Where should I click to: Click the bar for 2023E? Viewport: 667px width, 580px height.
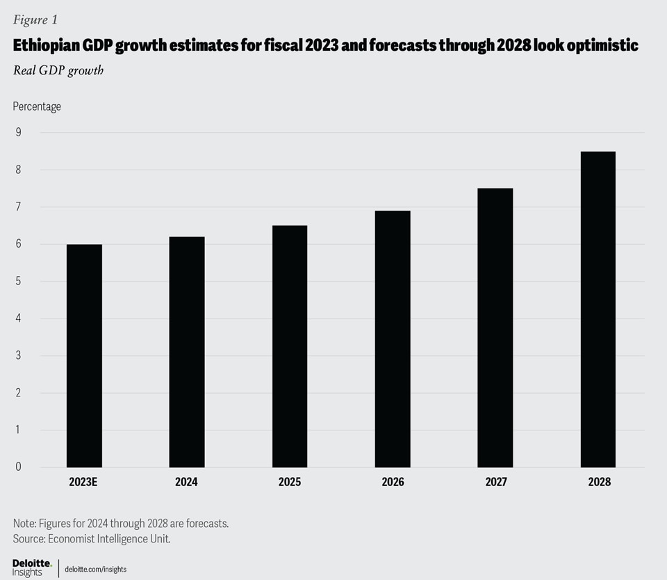tap(84, 355)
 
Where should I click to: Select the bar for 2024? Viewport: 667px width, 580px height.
tap(187, 352)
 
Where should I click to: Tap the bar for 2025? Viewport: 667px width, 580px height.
tap(290, 346)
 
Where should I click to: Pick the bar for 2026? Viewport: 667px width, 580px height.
tap(393, 339)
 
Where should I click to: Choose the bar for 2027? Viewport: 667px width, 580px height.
tap(495, 328)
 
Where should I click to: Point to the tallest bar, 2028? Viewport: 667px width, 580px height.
tap(598, 309)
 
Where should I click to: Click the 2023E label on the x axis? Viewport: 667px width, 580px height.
tap(84, 481)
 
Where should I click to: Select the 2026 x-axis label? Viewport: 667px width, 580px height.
tap(393, 481)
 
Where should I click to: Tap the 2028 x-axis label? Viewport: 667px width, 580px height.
tap(598, 481)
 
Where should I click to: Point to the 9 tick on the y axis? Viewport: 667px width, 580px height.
tap(18, 132)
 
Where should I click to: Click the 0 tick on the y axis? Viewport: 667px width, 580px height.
tap(18, 467)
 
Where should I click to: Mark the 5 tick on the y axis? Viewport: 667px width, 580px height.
tap(18, 281)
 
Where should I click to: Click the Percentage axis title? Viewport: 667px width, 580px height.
tap(37, 106)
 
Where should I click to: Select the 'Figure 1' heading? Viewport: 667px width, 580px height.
tap(35, 20)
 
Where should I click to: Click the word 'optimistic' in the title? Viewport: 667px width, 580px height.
tap(596, 45)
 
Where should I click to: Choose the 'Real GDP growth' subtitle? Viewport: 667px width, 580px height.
tap(58, 70)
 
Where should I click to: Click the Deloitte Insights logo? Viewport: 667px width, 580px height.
tap(32, 567)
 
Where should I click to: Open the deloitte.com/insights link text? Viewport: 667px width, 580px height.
tap(95, 569)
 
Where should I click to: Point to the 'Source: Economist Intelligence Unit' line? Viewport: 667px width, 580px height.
tap(92, 539)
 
